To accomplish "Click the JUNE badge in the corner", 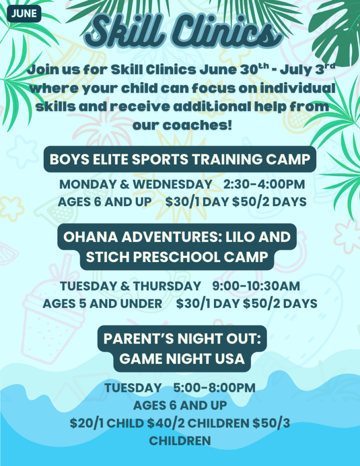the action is pos(24,14).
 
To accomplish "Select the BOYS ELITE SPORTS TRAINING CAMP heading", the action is pos(180,159).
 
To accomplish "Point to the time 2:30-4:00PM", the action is pos(264,184).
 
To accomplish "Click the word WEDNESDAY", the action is pos(172,184).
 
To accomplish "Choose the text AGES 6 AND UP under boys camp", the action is pos(105,202).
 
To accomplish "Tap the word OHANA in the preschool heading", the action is pos(90,237).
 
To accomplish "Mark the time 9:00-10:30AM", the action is pos(256,286).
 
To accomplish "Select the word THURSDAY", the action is pos(167,286).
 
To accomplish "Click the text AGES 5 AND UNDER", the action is pos(102,304).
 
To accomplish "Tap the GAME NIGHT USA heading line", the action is pos(182,359).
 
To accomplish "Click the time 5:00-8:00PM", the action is pos(214,388).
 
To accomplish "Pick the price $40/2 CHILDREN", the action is pos(198,423).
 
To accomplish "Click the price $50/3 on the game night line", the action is pos(271,423).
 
